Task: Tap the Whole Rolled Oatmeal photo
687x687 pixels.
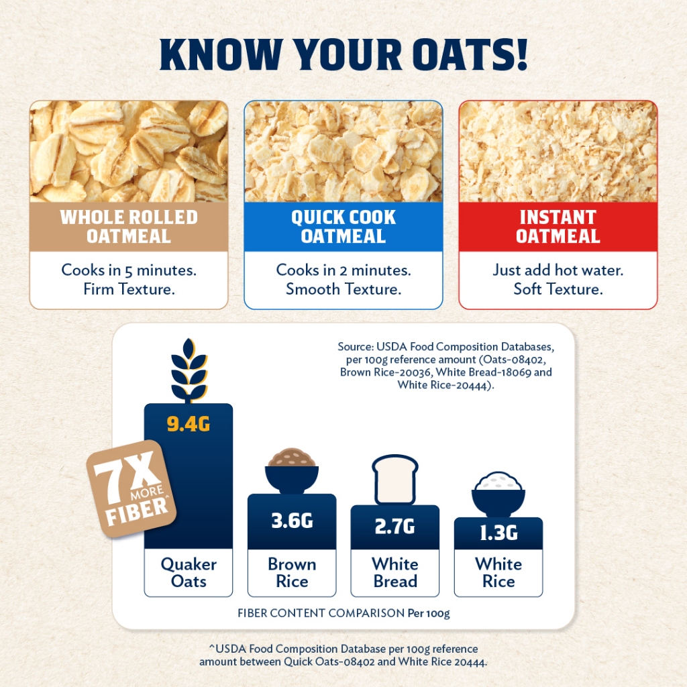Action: click(129, 151)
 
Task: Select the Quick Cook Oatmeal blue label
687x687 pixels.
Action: click(343, 227)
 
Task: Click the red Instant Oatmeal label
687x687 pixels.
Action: click(558, 227)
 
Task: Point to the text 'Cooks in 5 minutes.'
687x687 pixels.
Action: click(129, 270)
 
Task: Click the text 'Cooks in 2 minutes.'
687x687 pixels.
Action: click(343, 270)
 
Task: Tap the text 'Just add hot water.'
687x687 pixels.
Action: click(558, 270)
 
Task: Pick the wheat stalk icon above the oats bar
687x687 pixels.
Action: click(189, 370)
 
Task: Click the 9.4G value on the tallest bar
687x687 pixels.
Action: click(189, 424)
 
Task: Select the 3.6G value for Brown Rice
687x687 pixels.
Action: click(292, 521)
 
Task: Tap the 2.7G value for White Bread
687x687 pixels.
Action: click(394, 526)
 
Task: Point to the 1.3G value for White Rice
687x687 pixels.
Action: click(498, 533)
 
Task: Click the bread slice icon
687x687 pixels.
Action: click(394, 480)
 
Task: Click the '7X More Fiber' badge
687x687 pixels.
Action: click(131, 488)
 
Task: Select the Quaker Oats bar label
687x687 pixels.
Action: click(189, 573)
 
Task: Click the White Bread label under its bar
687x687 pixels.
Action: click(394, 573)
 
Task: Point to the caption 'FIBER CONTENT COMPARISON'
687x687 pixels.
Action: click(321, 613)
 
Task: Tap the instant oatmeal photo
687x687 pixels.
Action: click(558, 151)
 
